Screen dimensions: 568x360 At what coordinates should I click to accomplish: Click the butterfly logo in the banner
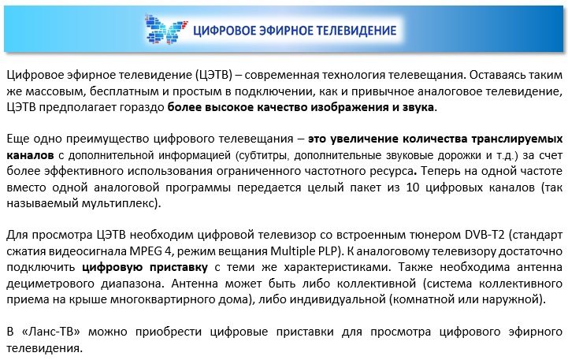(x=166, y=29)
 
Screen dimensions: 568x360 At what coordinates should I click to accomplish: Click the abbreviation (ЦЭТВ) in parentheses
(x=213, y=76)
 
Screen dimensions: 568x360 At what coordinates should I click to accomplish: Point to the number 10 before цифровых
(x=412, y=187)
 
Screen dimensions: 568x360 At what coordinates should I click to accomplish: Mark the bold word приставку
(x=179, y=268)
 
